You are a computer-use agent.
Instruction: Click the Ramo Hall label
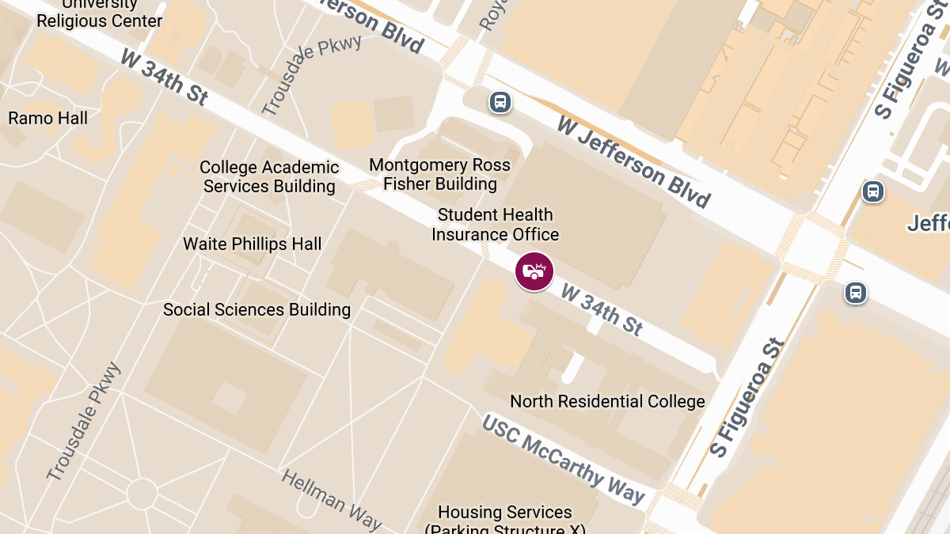click(48, 119)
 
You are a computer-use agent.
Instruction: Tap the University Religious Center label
click(100, 14)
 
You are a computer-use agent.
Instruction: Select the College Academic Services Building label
click(269, 177)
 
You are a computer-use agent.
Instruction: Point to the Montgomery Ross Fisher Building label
click(440, 175)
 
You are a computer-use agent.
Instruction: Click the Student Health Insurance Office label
click(495, 225)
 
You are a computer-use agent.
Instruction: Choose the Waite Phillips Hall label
click(253, 244)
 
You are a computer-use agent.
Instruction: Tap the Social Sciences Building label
click(256, 309)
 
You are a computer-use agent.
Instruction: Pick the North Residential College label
click(607, 401)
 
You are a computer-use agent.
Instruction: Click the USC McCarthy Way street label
click(564, 459)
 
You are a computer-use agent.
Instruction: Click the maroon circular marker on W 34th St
click(534, 271)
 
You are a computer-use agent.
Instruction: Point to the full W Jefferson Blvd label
click(633, 161)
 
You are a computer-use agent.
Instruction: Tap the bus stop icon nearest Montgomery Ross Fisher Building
click(500, 102)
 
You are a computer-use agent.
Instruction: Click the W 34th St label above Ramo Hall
click(165, 77)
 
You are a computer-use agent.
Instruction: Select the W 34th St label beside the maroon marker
click(602, 310)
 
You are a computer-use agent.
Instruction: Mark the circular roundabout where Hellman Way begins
click(142, 494)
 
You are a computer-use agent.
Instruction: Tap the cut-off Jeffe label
click(928, 223)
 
